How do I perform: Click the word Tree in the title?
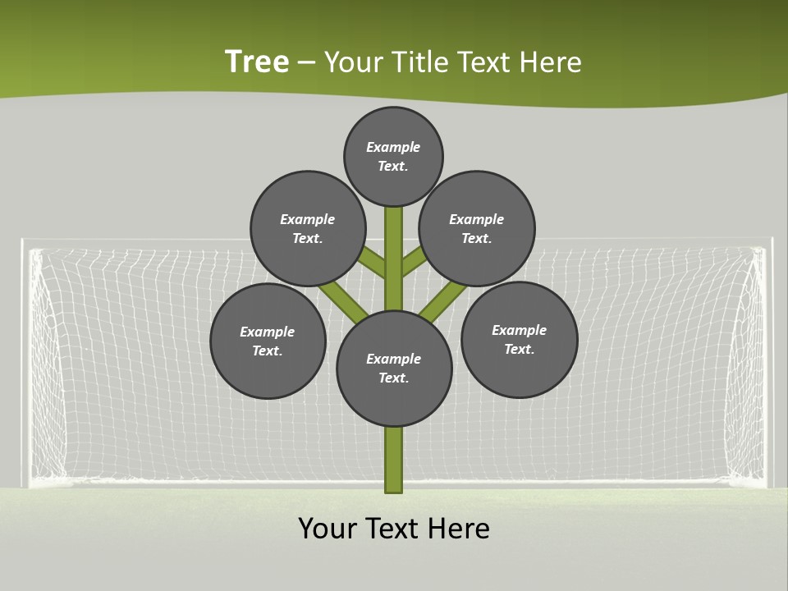[257, 62]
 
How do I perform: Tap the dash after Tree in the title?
[306, 63]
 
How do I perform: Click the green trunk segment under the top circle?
[393, 246]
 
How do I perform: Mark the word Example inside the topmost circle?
[393, 147]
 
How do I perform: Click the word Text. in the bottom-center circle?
[393, 378]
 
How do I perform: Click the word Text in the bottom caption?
[392, 529]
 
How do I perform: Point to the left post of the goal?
[25, 361]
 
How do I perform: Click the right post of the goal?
[768, 361]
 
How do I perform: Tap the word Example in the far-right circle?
[519, 330]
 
